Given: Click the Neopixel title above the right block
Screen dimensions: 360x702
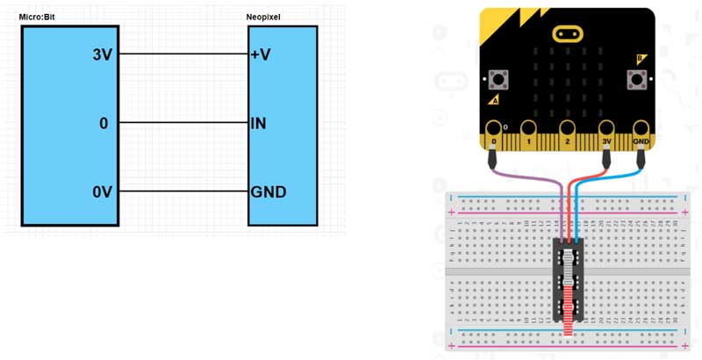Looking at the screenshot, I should [x=264, y=17].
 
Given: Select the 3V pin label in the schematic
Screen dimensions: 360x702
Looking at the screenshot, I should [x=103, y=54].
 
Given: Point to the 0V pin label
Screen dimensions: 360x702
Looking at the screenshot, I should [x=103, y=191].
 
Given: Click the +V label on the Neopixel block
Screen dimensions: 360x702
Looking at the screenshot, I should [x=261, y=54].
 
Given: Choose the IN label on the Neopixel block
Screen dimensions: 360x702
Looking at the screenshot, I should [x=258, y=124].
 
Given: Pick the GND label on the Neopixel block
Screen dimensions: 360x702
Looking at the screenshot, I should [x=268, y=191].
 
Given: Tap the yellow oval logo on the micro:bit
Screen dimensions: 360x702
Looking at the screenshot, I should [x=568, y=34].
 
